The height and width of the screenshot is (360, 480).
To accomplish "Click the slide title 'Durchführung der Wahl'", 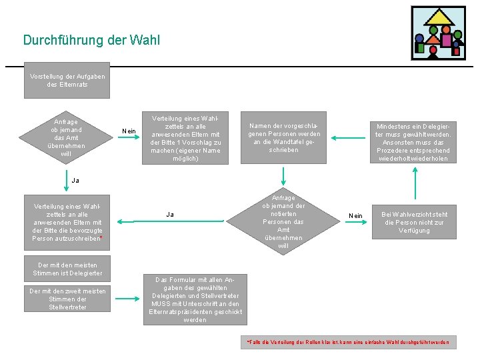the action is [91, 41].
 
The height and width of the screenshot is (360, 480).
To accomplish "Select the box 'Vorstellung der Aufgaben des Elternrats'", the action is [67, 81].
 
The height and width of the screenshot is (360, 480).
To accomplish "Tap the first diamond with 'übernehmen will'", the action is [67, 138].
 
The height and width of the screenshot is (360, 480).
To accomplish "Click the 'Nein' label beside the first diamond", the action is [129, 131].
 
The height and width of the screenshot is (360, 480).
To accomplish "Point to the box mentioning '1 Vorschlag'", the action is [185, 137].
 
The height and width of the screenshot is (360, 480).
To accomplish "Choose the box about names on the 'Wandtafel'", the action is [283, 137].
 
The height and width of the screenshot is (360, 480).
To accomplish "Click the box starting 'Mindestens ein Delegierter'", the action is [413, 142].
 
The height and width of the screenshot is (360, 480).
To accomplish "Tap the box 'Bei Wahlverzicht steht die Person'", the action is [414, 222].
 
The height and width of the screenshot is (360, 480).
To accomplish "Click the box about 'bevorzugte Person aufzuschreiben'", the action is [67, 222].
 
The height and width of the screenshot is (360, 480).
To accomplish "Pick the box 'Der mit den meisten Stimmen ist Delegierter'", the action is [67, 269].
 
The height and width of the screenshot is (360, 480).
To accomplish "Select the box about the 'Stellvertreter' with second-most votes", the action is [67, 299].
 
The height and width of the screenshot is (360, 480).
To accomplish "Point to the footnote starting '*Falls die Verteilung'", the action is [348, 343].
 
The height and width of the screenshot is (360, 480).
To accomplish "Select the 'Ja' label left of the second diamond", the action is [170, 215].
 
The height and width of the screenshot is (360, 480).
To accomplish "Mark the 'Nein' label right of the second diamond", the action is [356, 216].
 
